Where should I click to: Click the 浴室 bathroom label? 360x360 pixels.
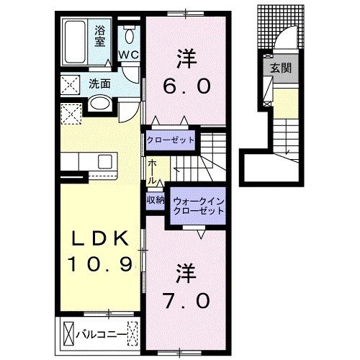tap(101, 35)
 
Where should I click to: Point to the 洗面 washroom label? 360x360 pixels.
tap(100, 83)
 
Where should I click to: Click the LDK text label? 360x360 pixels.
tap(99, 239)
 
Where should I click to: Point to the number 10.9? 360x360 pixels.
tap(99, 265)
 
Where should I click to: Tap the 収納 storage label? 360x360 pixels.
tap(155, 200)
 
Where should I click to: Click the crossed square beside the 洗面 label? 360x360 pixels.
tap(71, 84)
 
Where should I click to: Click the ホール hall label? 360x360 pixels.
tap(153, 171)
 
